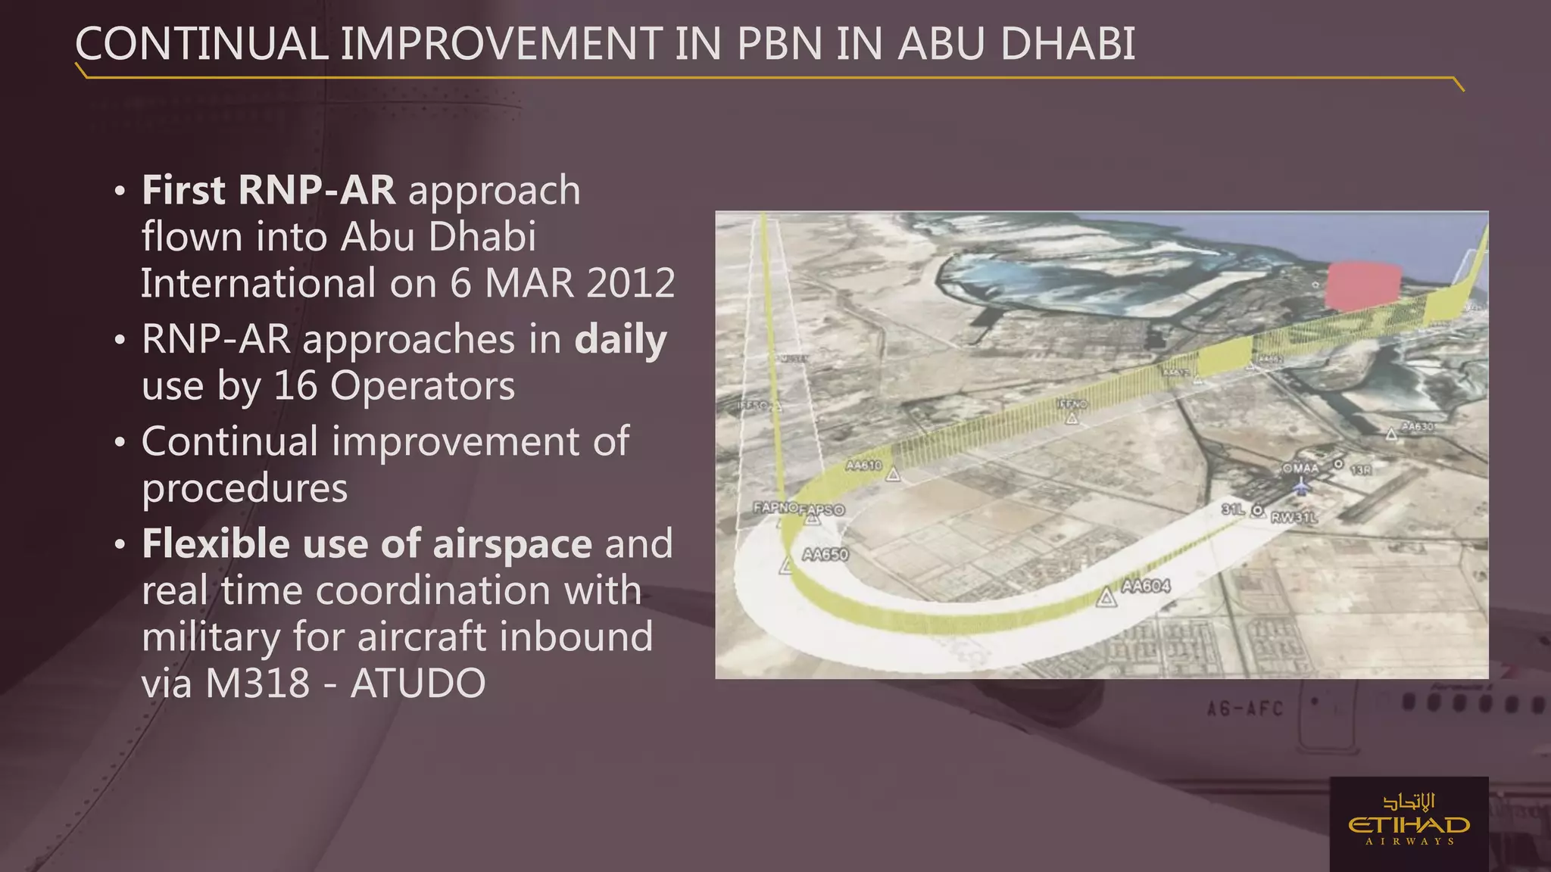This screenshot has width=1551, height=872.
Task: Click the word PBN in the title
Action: click(779, 44)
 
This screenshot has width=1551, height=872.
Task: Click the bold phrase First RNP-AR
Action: click(268, 190)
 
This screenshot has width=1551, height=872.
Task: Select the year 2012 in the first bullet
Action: click(630, 283)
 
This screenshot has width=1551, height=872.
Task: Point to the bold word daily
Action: click(620, 339)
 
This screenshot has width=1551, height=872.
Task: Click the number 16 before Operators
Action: click(295, 385)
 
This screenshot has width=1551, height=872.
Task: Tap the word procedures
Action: click(245, 488)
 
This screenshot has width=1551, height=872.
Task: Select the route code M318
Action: click(257, 683)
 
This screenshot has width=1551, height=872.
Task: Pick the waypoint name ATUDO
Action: click(418, 683)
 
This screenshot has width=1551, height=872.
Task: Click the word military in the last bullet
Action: click(211, 637)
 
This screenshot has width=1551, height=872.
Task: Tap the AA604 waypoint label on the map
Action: click(1145, 586)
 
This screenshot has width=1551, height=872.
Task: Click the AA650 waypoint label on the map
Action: click(825, 554)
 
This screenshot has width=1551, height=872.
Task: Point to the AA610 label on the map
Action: click(863, 465)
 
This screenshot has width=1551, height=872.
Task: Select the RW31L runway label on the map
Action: click(1294, 518)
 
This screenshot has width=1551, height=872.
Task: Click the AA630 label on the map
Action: click(1417, 427)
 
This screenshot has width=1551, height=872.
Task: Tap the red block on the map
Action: click(1363, 285)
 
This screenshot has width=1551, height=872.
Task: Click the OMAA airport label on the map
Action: click(1300, 469)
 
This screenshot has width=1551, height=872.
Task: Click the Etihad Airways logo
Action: click(1409, 824)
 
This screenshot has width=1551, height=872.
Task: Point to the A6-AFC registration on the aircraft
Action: click(1244, 709)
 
